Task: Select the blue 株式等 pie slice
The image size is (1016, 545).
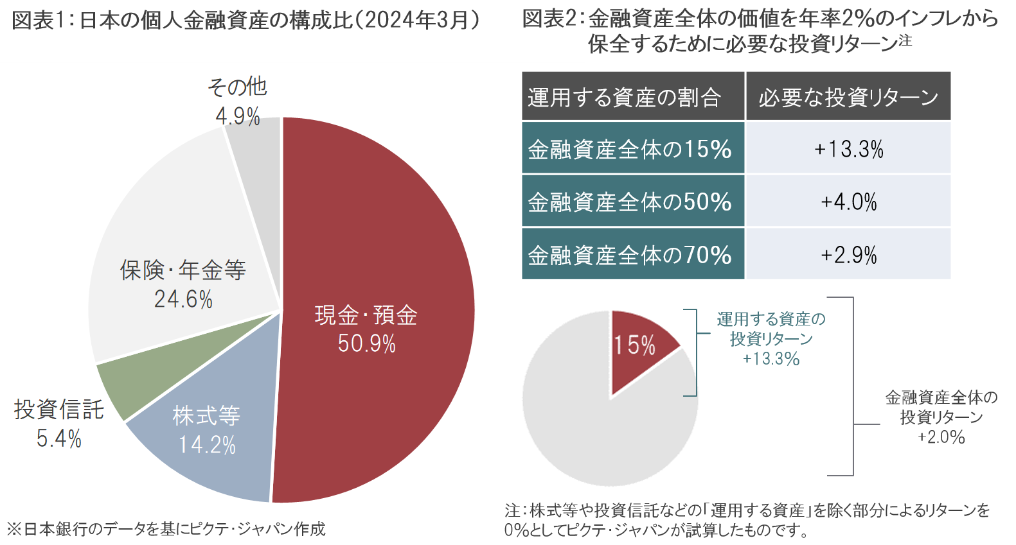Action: pos(206,449)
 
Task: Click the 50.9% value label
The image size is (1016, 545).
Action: pos(367,344)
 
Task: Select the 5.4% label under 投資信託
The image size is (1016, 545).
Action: pos(58,439)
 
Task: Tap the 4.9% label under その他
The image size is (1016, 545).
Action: pos(238,117)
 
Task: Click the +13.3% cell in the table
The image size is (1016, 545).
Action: pos(848,149)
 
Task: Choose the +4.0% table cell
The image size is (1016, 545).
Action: pos(848,202)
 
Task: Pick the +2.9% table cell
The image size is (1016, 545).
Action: pos(848,255)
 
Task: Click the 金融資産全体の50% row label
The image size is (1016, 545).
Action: pos(630,202)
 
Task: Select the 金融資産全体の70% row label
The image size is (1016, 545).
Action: pos(630,255)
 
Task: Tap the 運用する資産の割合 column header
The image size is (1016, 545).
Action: pos(625,98)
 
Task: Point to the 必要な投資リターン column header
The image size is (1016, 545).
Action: pos(848,98)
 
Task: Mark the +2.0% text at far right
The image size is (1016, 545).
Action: pos(941,438)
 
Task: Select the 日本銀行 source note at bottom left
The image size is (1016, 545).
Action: pos(166,530)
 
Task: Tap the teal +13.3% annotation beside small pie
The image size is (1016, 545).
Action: pos(771,359)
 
